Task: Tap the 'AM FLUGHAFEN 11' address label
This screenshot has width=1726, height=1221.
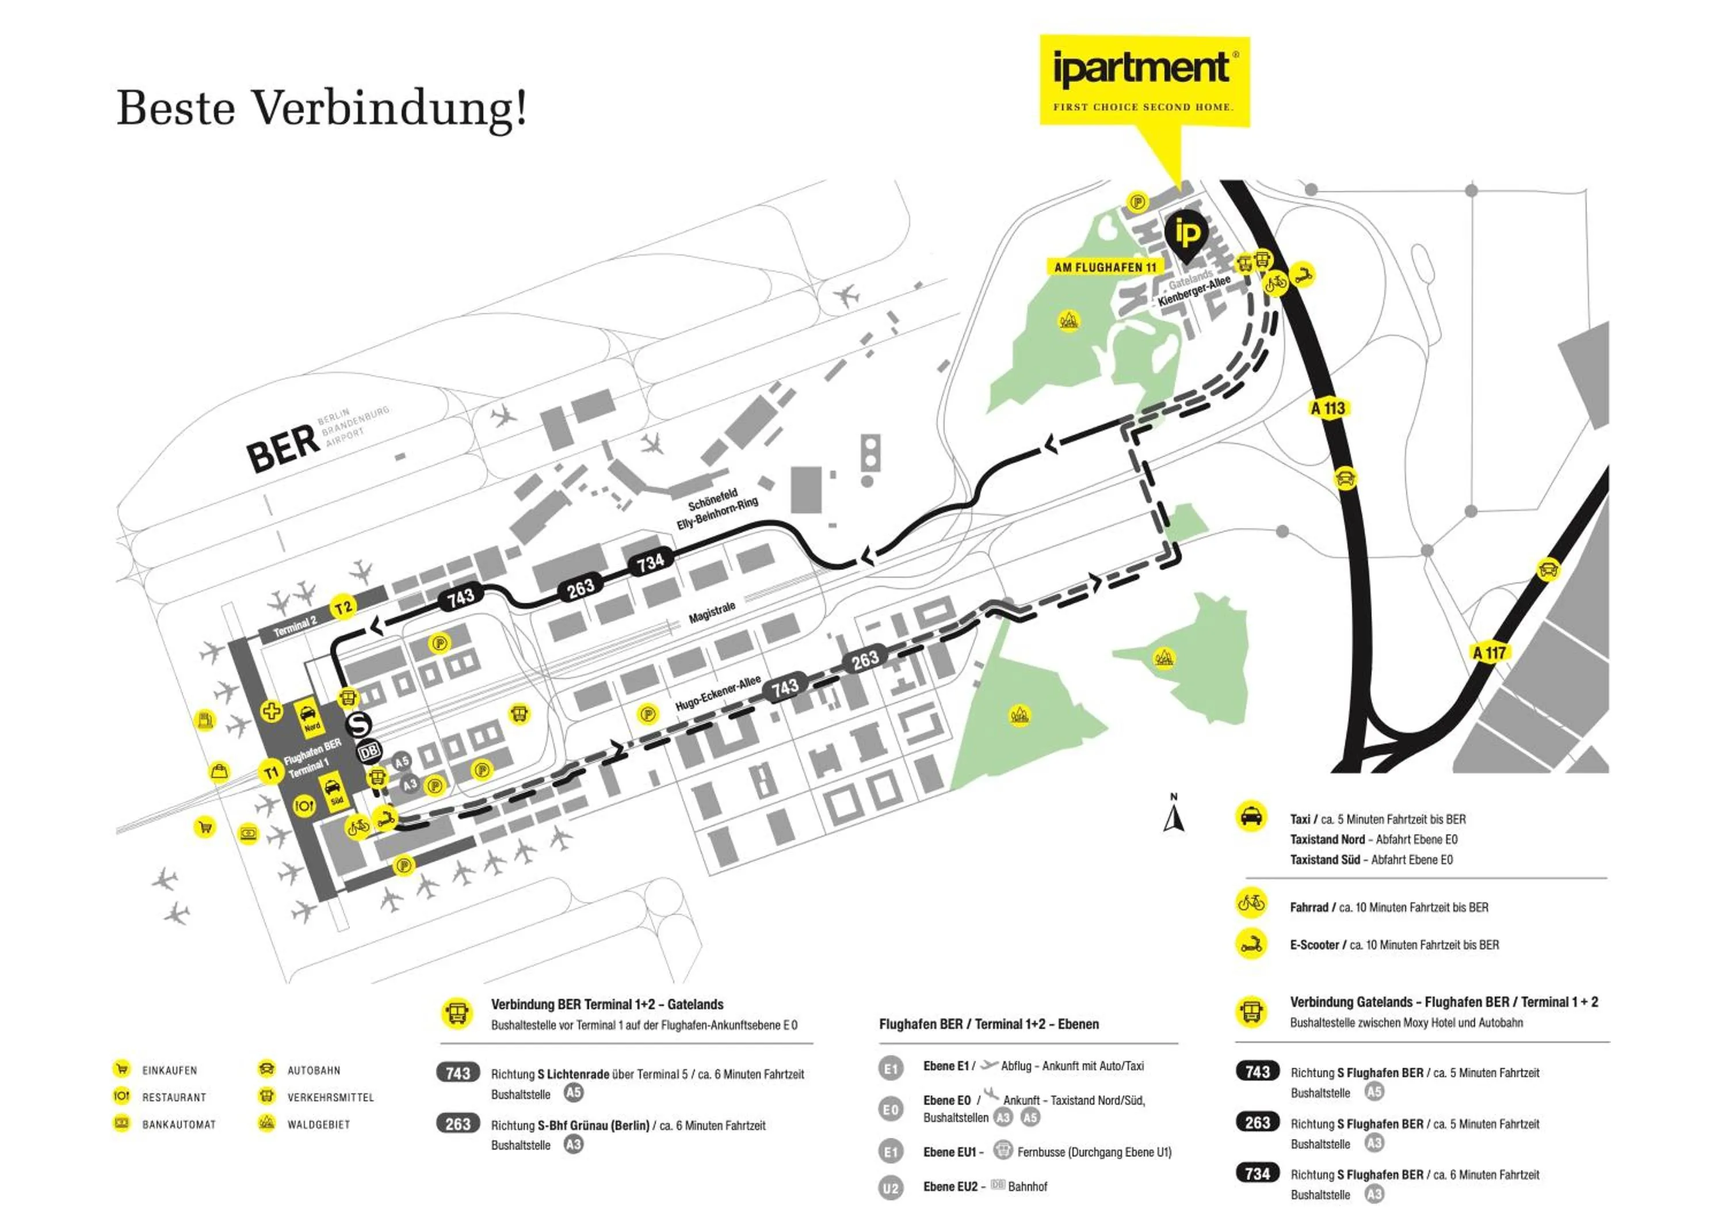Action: (x=1104, y=267)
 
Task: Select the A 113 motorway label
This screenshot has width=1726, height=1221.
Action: (x=1327, y=409)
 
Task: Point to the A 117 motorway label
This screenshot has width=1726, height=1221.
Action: (x=1489, y=653)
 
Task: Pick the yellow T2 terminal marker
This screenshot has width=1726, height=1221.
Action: (x=343, y=608)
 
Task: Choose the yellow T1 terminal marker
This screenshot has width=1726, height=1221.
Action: (x=270, y=772)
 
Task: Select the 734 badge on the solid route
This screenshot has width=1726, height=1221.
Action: (x=650, y=562)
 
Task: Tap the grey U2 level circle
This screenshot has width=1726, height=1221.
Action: (x=890, y=1189)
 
